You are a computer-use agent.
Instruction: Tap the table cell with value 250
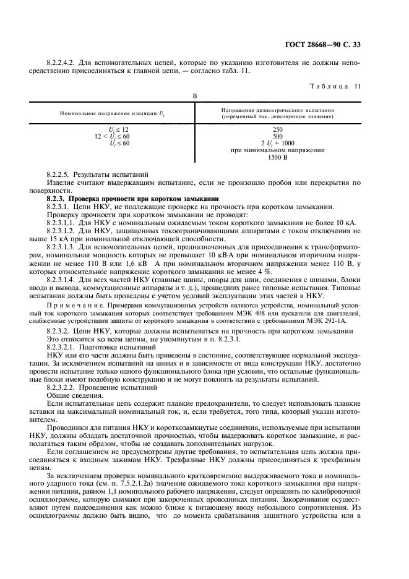click(277, 128)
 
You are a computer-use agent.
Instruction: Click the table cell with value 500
click(277, 135)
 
